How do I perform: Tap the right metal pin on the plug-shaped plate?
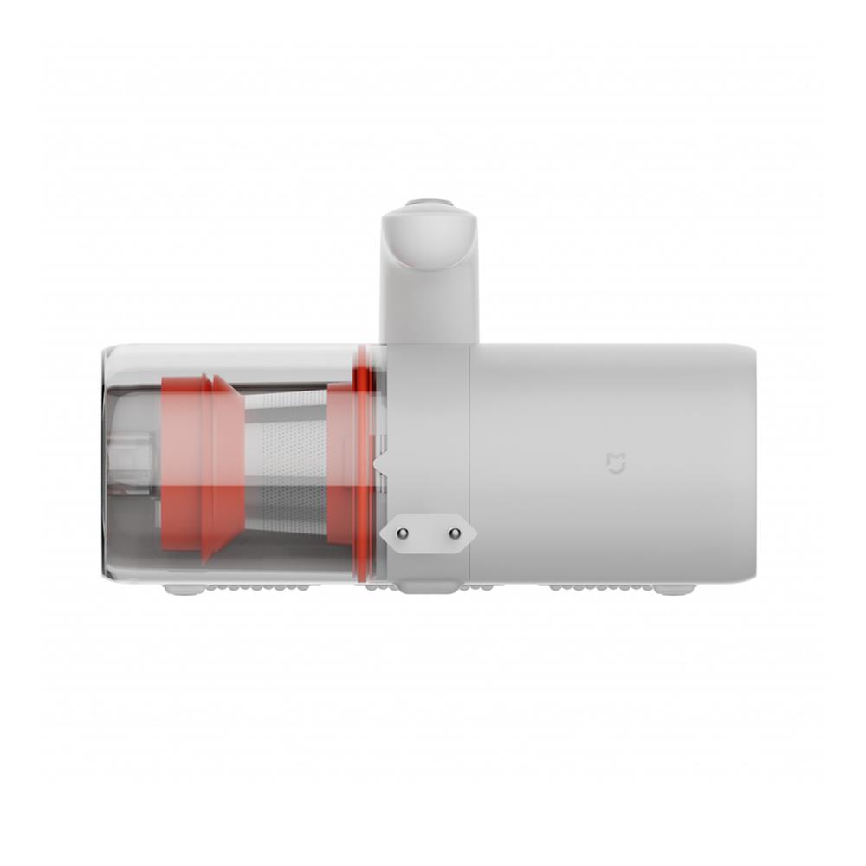pos(453,534)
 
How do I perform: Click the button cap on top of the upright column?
pos(430,205)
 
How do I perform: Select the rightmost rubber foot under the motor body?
pos(674,589)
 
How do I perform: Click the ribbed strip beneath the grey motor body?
pos(598,587)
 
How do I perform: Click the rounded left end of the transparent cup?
pos(107,463)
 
